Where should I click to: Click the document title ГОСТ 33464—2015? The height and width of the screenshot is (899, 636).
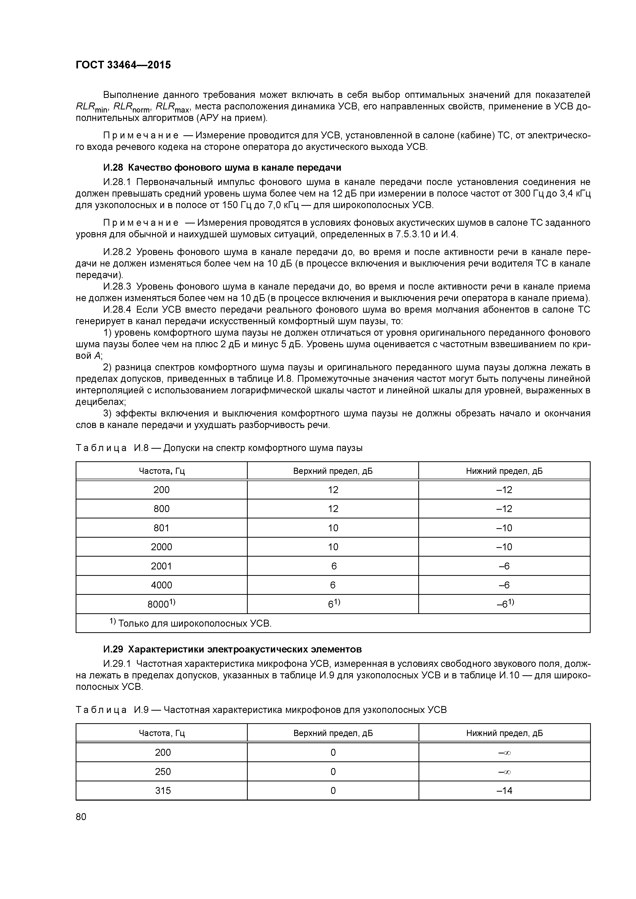point(123,65)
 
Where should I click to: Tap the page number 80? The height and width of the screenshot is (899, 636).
point(81,817)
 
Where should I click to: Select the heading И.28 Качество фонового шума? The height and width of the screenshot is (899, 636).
point(222,168)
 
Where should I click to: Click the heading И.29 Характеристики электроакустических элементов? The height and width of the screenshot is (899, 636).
point(232,649)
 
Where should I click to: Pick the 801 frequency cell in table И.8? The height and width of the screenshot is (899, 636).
point(162,528)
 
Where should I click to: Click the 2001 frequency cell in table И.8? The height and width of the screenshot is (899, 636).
point(162,566)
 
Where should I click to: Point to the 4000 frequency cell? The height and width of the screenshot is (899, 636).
point(162,585)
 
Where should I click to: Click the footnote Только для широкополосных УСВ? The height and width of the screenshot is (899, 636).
point(191,623)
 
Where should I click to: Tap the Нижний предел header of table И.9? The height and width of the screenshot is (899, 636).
point(504,733)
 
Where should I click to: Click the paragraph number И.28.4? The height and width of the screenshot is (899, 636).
point(118,310)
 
